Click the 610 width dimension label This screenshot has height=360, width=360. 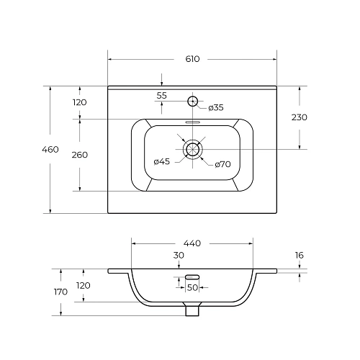tap(192, 59)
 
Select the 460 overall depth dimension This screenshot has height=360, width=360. tap(50, 150)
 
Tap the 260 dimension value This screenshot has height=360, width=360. tap(80, 155)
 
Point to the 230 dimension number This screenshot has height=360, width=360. tap(300, 117)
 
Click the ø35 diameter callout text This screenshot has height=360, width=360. tap(216, 108)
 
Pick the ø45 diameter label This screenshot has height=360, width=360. tap(162, 161)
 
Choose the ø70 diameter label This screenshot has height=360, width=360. tap(222, 164)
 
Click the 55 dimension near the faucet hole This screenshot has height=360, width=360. tap(161, 96)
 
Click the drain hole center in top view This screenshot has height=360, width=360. tap(192, 149)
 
